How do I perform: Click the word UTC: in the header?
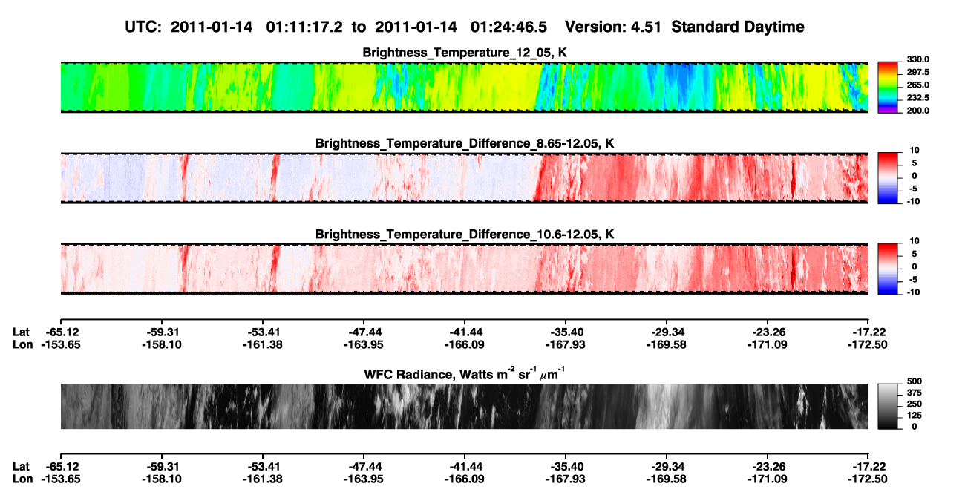click(143, 27)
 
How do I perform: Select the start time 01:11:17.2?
click(304, 27)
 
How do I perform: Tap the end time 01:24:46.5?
click(508, 27)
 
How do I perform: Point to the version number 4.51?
click(646, 27)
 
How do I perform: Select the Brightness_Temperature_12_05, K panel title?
click(465, 53)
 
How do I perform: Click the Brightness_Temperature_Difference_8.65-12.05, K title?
click(465, 143)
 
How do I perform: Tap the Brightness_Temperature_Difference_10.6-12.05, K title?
click(465, 235)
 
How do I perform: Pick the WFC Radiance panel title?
click(465, 374)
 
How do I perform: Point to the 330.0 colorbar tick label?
click(917, 59)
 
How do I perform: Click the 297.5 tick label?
click(917, 72)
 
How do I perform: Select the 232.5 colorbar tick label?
click(917, 98)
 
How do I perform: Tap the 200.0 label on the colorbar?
click(917, 111)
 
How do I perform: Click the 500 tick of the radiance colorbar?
click(915, 381)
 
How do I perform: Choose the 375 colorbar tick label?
click(915, 393)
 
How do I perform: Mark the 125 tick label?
click(915, 416)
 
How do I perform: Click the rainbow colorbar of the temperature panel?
click(888, 88)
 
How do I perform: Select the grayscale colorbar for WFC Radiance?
click(888, 406)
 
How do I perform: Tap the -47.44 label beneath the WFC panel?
click(364, 466)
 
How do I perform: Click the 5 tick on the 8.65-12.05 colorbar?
click(915, 163)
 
